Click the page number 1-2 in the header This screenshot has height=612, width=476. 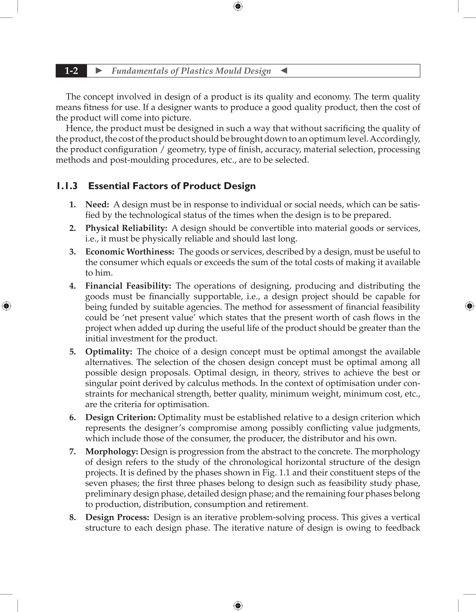(71, 71)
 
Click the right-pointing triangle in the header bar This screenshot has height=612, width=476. (99, 71)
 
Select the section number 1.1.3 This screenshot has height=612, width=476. (67, 186)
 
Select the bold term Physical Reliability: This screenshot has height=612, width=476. (126, 228)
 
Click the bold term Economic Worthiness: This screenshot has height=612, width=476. (130, 252)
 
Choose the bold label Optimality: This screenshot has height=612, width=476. (109, 352)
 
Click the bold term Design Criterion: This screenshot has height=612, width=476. (120, 417)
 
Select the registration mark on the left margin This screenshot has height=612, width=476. (6, 306)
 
